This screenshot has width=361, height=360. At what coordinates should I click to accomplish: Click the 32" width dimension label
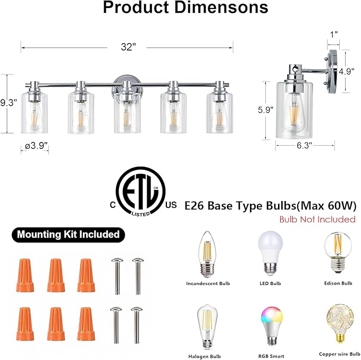pyautogui.click(x=127, y=47)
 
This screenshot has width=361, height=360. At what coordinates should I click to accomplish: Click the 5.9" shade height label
pyautogui.click(x=265, y=111)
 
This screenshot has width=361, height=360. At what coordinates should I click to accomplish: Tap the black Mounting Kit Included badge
pyautogui.click(x=68, y=234)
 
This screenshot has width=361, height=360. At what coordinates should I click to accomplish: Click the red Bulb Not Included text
pyautogui.click(x=318, y=219)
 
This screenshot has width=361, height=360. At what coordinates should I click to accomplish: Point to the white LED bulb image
pyautogui.click(x=271, y=253)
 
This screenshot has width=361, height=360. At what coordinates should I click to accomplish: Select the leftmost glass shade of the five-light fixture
pyautogui.click(x=35, y=113)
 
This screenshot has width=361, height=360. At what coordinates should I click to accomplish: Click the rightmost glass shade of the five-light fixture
pyautogui.click(x=220, y=113)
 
